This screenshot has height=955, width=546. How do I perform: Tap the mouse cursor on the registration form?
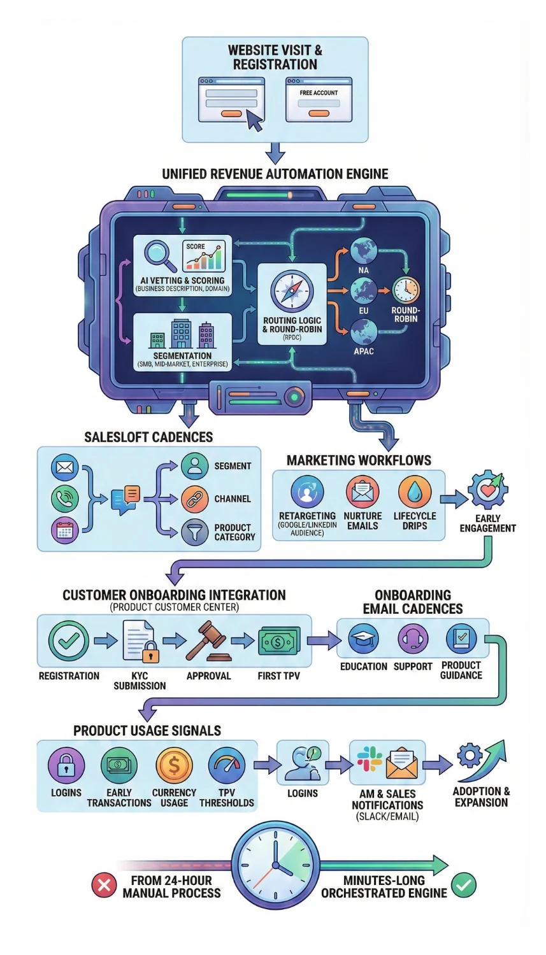pos(254,120)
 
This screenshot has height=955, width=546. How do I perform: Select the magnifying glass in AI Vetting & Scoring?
pos(159,254)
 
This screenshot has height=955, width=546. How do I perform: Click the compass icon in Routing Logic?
pos(292,290)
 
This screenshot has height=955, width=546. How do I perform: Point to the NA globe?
pos(363,251)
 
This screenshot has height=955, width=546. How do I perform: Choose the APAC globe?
pos(363,332)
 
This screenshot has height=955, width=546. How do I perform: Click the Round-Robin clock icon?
pos(406,290)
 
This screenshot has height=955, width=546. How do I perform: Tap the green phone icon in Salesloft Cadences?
pos(64,499)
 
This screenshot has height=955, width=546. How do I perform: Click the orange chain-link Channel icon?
pos(194,499)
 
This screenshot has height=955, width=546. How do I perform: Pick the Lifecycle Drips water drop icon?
pos(414,492)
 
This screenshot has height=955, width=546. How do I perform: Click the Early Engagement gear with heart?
pos(487,490)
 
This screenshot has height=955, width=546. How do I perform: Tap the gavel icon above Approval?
pos(208,641)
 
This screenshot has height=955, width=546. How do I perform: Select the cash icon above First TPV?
pos(278,641)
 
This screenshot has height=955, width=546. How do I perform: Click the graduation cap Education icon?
pos(364,639)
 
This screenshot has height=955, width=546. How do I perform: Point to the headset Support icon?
pos(413,639)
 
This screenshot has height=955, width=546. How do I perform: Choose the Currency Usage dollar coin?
pos(174,765)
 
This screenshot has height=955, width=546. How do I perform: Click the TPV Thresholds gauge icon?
pos(227,765)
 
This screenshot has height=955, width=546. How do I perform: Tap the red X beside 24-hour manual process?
pos(104,885)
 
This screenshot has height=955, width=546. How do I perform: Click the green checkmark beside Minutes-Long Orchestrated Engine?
pos(464,885)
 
